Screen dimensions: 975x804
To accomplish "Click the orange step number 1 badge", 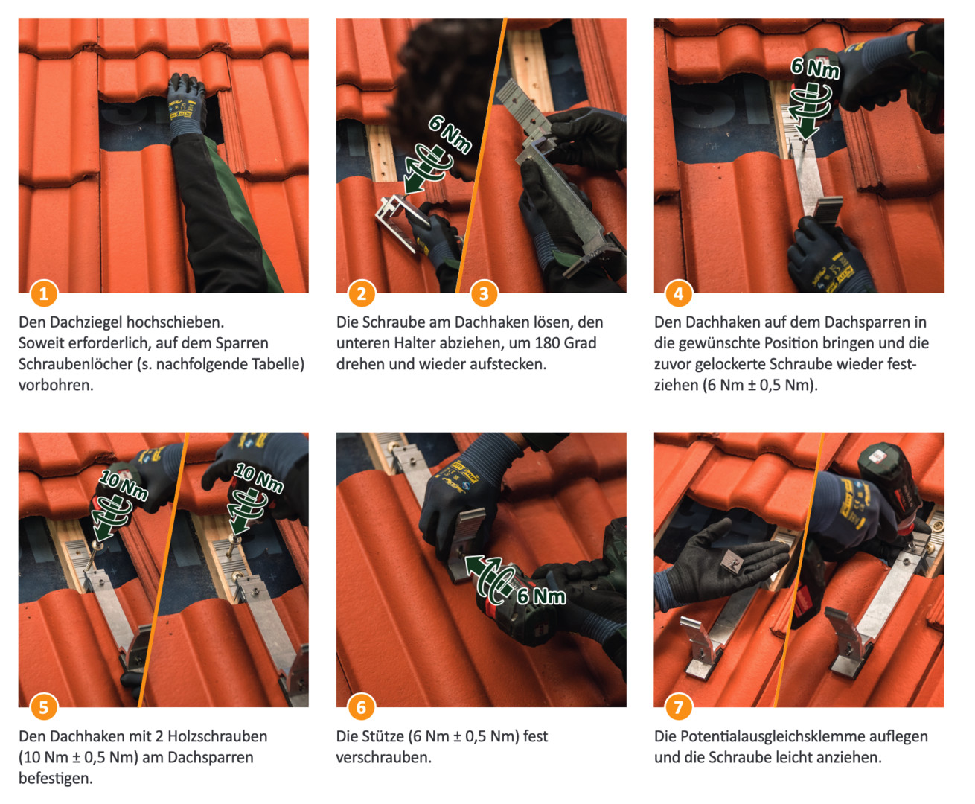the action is pos(44,294).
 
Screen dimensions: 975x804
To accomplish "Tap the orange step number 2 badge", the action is pos(362,294).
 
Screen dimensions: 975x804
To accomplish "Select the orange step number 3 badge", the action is pos(484,294).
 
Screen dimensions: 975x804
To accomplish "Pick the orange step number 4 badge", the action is pos(679,294).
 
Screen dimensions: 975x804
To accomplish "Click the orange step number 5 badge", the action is pos(44,707).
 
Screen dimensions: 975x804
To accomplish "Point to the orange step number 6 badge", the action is pos(362,707).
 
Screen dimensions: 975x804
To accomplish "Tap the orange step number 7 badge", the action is pos(679,707).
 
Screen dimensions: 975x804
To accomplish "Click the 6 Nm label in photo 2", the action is pos(450,135).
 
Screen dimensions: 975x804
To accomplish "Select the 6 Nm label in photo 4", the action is pos(815,68).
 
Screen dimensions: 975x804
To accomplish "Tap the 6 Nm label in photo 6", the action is pos(541,596).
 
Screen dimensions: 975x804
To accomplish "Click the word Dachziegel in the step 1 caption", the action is pos(85,322).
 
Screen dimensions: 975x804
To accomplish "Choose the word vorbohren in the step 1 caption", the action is pos(56,386).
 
